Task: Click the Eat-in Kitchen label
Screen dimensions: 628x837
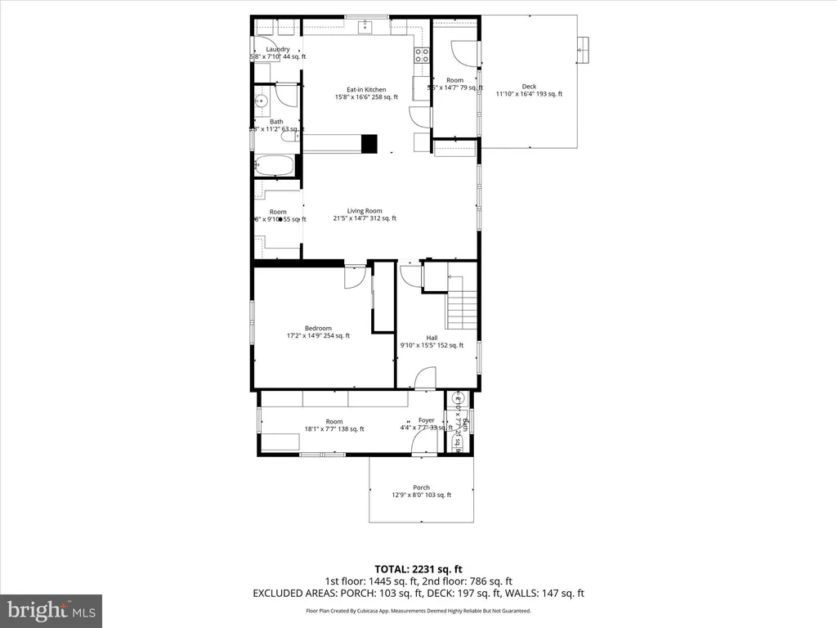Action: click(366, 90)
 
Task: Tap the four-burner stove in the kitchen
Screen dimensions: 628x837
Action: click(422, 56)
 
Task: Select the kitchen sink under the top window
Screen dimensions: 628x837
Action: click(366, 28)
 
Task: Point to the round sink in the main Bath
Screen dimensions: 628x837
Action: click(261, 102)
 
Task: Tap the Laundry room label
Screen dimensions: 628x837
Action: click(278, 50)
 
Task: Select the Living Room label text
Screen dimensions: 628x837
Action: click(365, 211)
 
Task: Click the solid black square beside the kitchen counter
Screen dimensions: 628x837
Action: click(369, 144)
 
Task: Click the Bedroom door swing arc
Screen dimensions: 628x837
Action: click(355, 278)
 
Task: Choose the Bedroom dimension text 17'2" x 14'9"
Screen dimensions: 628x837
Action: click(318, 335)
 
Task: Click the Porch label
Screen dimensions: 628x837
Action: click(421, 487)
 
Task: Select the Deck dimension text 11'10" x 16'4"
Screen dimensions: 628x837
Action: click(529, 94)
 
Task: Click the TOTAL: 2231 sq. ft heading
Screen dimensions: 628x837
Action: click(418, 569)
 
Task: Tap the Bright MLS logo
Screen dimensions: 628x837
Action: click(51, 610)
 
